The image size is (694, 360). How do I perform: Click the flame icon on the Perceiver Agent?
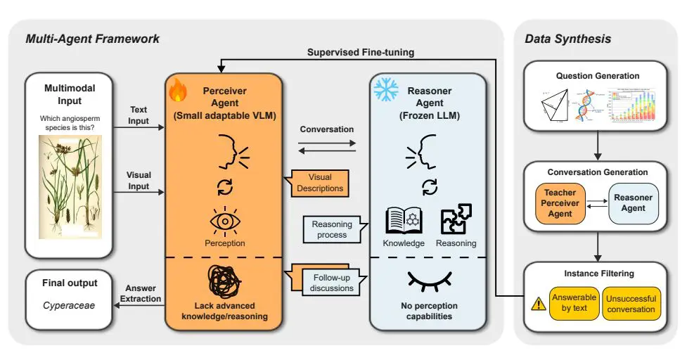point(178,90)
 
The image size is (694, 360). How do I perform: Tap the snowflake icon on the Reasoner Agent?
point(385,89)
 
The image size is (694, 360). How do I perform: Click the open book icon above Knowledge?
point(404,220)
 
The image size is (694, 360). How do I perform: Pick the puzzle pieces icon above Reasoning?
point(455,219)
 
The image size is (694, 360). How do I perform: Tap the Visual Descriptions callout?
point(320,183)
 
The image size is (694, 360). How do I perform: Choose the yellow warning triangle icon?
point(539,304)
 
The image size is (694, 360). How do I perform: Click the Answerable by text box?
point(574,303)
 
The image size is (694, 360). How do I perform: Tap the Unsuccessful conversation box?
point(631,303)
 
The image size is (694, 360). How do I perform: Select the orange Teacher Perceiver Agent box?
point(562,203)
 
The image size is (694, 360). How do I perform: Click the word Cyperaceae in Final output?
point(68,306)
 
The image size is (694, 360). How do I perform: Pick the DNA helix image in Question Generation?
point(586,106)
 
